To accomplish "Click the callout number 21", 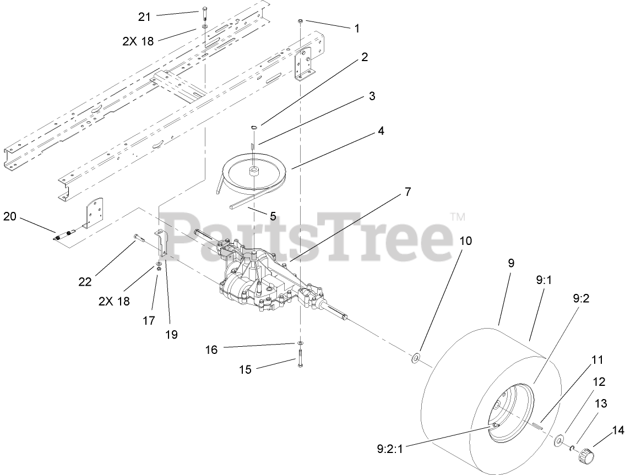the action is (x=144, y=17).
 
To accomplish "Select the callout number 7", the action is (x=407, y=192).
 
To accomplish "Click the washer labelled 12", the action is (x=559, y=439).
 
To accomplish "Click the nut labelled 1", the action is (x=300, y=20).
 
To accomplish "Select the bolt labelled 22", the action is (x=139, y=238).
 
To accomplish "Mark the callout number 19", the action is (x=171, y=334).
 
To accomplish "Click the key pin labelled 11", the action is (x=538, y=423).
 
